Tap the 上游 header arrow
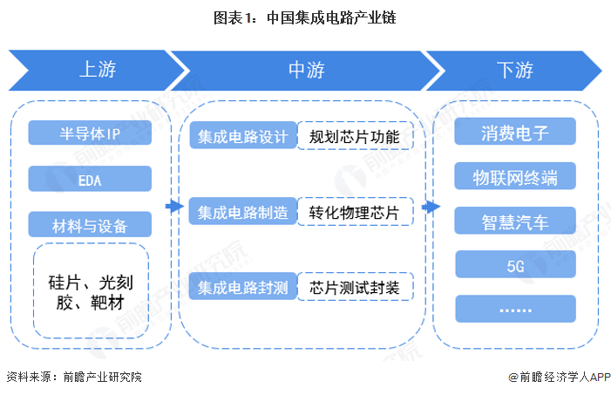98,70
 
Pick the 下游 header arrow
514,70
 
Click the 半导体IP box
90,133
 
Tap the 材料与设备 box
90,225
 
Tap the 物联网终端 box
515,177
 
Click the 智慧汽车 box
515,221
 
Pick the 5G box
515,265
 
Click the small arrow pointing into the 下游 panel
429,207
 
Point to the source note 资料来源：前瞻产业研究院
74,377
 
